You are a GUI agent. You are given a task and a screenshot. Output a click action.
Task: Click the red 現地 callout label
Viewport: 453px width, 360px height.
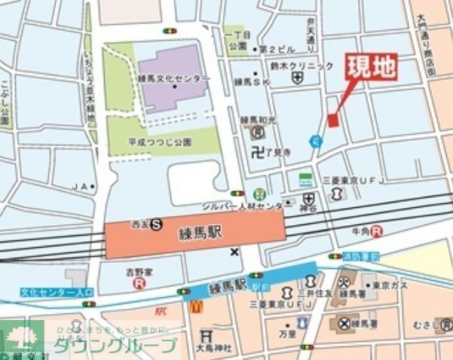click(x=371, y=69)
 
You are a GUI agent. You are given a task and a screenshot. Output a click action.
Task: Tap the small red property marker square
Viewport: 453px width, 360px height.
click(x=333, y=120)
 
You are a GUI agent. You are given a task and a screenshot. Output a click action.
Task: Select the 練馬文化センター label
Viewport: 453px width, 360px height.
click(x=174, y=78)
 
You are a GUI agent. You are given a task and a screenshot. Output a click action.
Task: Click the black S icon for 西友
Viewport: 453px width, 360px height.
click(x=156, y=223)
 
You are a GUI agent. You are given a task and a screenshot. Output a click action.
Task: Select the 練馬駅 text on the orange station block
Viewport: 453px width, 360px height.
click(x=201, y=233)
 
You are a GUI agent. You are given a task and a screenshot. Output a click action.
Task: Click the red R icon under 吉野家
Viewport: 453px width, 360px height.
click(x=139, y=283)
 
